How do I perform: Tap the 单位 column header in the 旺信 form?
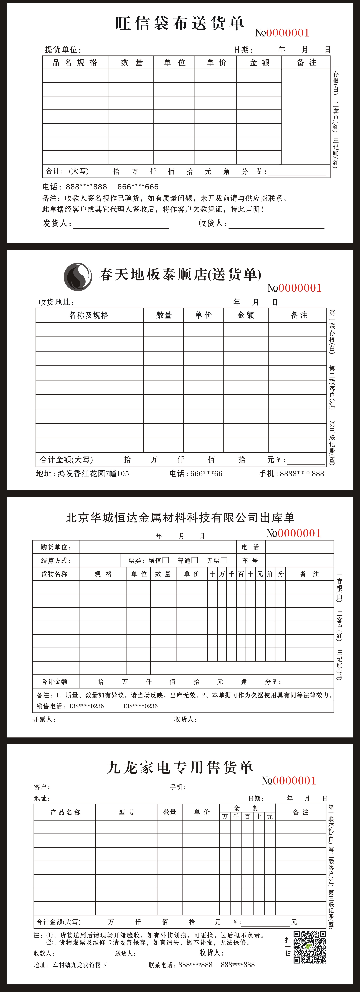click(174, 62)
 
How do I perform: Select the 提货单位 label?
click(63, 50)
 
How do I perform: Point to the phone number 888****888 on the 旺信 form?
click(86, 187)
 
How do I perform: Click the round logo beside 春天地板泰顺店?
click(78, 276)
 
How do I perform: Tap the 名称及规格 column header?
click(89, 315)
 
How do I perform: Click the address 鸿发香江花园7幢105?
click(93, 473)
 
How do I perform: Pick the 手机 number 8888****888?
click(302, 473)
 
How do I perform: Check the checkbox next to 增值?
click(166, 560)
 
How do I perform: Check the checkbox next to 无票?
click(224, 560)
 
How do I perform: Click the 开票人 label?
click(44, 719)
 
